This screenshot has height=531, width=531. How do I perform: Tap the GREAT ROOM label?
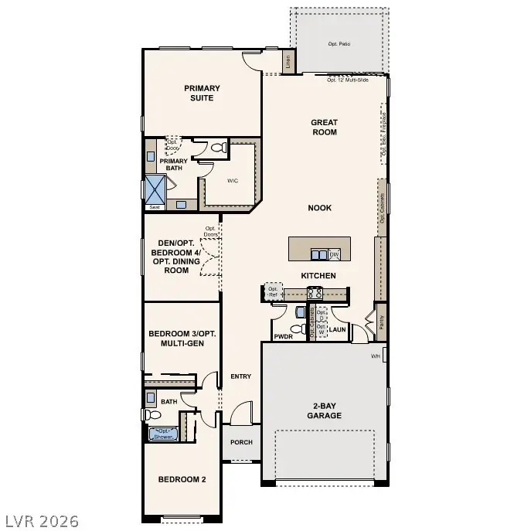tap(325, 127)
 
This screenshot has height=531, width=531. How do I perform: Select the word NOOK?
tap(320, 208)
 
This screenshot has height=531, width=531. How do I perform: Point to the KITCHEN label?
tap(318, 276)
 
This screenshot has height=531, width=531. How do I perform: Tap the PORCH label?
tap(241, 443)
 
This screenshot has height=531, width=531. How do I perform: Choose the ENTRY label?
tap(240, 376)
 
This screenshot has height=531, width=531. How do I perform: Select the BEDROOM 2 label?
tap(182, 480)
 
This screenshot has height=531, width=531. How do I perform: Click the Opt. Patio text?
tap(339, 43)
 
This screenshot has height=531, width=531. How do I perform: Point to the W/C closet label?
tap(233, 181)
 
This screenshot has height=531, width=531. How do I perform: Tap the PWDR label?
tap(283, 336)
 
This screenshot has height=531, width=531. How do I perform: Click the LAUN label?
tap(337, 330)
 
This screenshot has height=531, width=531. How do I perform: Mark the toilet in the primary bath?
tap(218, 148)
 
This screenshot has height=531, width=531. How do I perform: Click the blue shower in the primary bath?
tap(155, 189)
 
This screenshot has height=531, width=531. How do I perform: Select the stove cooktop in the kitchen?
tap(315, 293)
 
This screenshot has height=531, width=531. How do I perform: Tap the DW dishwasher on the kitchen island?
tap(335, 254)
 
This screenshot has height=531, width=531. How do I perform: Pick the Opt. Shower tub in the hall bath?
tap(162, 433)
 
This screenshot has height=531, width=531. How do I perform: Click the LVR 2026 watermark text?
tap(40, 520)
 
